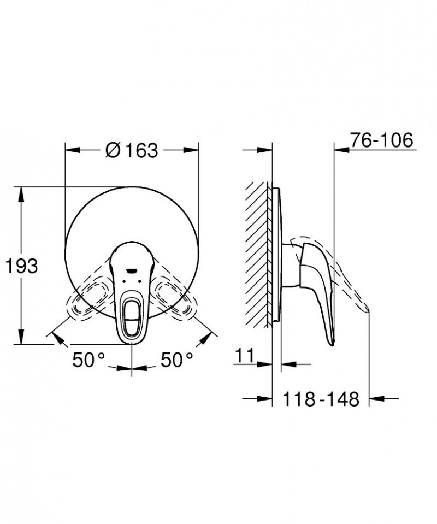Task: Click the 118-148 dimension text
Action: tap(321, 399)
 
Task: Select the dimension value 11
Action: tap(246, 356)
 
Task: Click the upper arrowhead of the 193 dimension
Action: tap(22, 192)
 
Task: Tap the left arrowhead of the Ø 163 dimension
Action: tap(70, 149)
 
